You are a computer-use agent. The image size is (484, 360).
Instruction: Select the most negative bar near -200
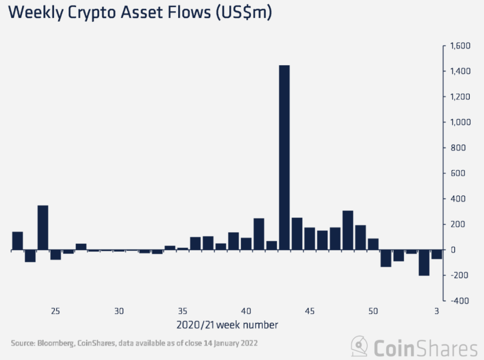(x=424, y=263)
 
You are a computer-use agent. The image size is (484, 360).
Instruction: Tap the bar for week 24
(x=43, y=228)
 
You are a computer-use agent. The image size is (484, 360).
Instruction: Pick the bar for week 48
(x=348, y=230)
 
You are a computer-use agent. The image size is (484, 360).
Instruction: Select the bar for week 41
(x=259, y=234)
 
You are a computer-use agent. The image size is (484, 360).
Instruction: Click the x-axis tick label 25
(x=55, y=311)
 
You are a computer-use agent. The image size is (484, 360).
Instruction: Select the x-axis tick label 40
(x=246, y=311)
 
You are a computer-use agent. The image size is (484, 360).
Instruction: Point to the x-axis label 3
(x=437, y=311)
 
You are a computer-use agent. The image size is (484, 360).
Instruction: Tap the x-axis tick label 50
(x=373, y=311)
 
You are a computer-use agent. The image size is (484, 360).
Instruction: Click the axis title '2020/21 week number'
(x=227, y=325)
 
